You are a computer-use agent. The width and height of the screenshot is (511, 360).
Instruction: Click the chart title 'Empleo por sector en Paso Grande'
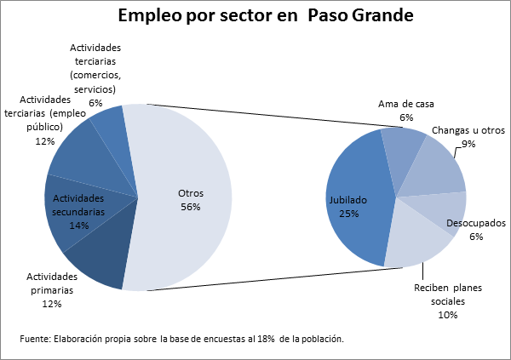tap(255, 16)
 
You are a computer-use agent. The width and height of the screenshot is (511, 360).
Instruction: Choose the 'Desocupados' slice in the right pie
tap(451, 209)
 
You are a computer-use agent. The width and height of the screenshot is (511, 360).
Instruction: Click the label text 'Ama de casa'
tap(406, 105)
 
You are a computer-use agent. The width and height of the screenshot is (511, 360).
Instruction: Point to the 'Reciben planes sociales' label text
tap(448, 294)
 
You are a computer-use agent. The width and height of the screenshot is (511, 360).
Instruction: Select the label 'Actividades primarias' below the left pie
tap(52, 283)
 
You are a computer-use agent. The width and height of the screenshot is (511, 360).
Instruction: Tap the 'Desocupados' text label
tap(475, 224)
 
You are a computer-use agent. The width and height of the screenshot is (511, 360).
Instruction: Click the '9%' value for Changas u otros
tap(468, 144)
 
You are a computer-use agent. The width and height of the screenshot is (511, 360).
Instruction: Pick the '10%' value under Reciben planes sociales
tap(448, 315)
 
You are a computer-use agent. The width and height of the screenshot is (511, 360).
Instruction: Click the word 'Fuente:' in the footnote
tap(34, 339)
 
